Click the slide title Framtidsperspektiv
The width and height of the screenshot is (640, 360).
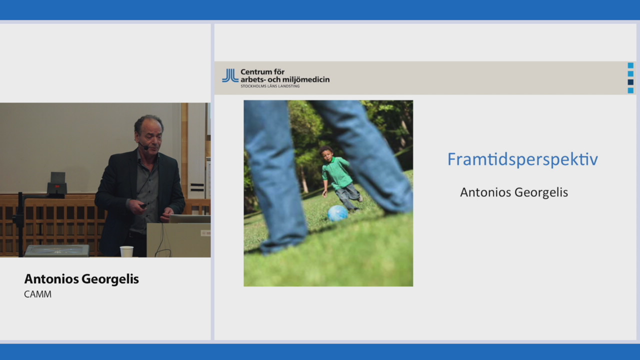pyautogui.click(x=522, y=159)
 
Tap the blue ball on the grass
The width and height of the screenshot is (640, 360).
pyautogui.click(x=337, y=213)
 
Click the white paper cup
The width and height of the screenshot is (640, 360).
pyautogui.click(x=126, y=251)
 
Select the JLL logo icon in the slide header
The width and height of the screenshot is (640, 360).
pyautogui.click(x=230, y=75)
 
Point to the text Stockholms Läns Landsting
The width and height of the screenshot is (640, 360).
pyautogui.click(x=270, y=86)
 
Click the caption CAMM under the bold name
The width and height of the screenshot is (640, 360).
pyautogui.click(x=37, y=294)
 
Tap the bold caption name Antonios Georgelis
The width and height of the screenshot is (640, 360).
pyautogui.click(x=81, y=279)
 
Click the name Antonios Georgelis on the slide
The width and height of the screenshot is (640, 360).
pyautogui.click(x=514, y=192)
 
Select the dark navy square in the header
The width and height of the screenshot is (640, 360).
pyautogui.click(x=630, y=82)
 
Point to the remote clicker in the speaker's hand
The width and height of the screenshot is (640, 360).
pyautogui.click(x=143, y=205)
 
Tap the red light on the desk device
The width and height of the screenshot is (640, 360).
pyautogui.click(x=57, y=186)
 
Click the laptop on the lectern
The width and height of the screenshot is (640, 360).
pyautogui.click(x=190, y=219)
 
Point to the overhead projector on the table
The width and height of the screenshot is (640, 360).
pyautogui.click(x=57, y=250)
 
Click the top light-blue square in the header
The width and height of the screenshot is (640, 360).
pyautogui.click(x=630, y=65)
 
